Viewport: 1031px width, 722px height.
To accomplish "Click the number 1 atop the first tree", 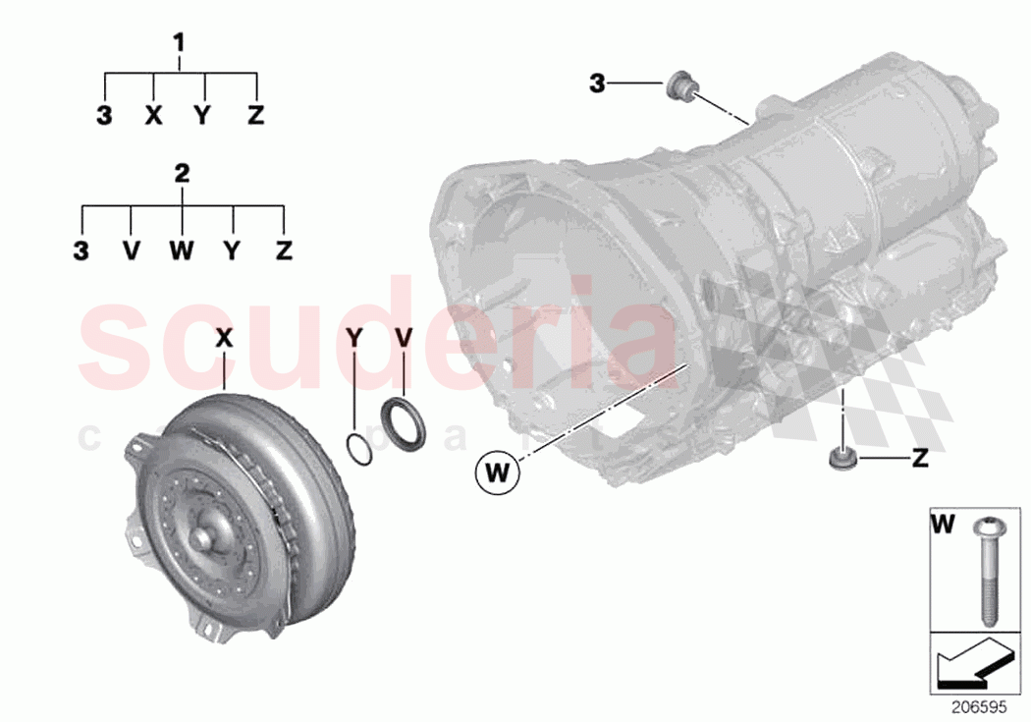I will pos(179,42).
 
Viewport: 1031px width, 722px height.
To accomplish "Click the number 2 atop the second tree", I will pos(182,174).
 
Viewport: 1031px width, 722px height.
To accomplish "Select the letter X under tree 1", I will pos(153,116).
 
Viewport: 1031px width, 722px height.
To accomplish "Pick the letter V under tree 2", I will pos(132,250).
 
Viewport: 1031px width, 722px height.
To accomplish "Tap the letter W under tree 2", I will pos(182,250).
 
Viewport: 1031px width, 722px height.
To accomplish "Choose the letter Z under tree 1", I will pos(255,116).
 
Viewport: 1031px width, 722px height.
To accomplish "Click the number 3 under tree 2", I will pos(81,250).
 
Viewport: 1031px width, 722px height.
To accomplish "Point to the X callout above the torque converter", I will pos(224,338).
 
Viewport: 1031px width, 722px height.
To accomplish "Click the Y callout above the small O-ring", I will pos(355,338).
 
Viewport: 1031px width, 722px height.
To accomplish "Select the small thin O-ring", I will pos(359,447).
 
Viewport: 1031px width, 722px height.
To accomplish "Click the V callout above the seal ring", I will pos(404,338).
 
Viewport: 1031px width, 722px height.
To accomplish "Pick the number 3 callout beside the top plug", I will pos(597,84).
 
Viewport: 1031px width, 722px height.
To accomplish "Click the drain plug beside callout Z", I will pos(841,459).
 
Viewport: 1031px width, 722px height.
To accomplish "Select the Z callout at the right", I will pos(919,458).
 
